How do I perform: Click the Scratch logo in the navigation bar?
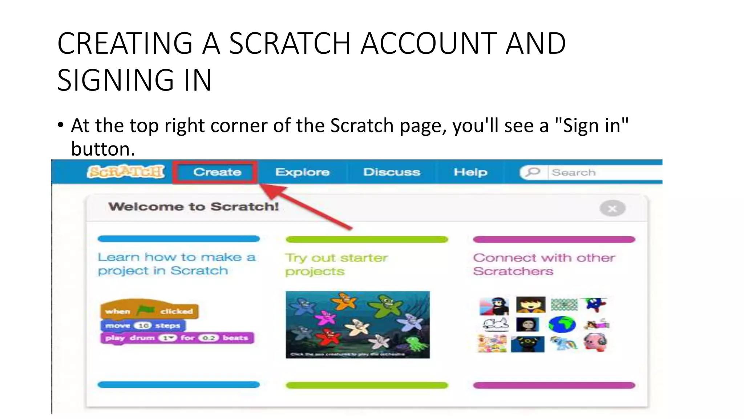[126, 172]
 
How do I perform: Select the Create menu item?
[217, 172]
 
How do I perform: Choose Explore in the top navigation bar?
[302, 172]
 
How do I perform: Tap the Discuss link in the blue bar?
[392, 172]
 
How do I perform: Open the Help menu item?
[470, 172]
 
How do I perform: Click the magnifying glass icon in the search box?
[533, 172]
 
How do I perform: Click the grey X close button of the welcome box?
[612, 209]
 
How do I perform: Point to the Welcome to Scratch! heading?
[194, 207]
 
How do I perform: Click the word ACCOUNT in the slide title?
[428, 44]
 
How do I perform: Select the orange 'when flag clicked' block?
[149, 310]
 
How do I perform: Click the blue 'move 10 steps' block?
[143, 326]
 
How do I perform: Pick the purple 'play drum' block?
[177, 338]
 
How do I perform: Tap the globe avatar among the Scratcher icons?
[562, 324]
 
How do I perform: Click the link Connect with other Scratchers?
[544, 264]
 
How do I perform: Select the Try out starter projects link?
[336, 264]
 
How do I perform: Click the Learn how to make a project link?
[177, 264]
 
